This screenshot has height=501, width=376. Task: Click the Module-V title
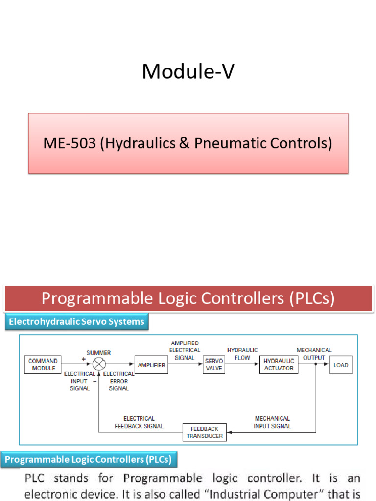click(x=188, y=72)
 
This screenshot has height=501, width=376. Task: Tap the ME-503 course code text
click(x=70, y=143)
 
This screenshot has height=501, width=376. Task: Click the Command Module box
click(x=44, y=364)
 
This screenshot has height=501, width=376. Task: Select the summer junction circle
click(x=99, y=364)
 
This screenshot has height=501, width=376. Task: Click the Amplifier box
click(x=151, y=365)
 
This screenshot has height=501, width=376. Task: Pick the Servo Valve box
click(x=214, y=364)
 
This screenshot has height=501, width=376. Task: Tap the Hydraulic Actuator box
click(x=279, y=364)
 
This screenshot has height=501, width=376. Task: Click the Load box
click(x=341, y=365)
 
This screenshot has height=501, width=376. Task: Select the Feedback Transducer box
click(x=205, y=432)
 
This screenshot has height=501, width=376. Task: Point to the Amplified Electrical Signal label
click(x=185, y=350)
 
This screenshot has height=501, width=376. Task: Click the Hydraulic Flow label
click(x=242, y=354)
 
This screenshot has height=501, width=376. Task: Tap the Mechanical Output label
click(x=314, y=354)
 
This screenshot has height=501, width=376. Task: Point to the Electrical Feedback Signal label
click(x=139, y=422)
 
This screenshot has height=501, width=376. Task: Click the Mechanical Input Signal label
click(x=272, y=422)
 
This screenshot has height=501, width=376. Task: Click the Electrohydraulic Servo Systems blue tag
click(x=76, y=322)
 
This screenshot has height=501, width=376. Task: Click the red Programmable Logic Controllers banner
click(x=188, y=298)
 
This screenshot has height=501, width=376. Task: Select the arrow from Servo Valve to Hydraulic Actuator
click(x=242, y=365)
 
